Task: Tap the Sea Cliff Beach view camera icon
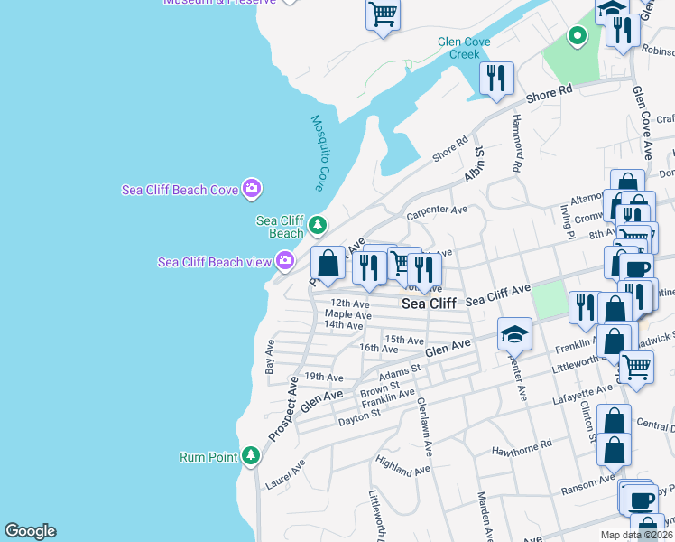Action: tap(285, 261)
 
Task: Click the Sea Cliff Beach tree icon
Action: tap(317, 225)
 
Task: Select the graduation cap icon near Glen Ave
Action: tap(514, 334)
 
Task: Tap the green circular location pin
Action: tap(577, 37)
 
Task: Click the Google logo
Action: tap(30, 531)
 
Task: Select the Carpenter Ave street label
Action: tap(437, 212)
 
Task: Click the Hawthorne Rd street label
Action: tap(521, 447)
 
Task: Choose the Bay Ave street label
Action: tap(269, 358)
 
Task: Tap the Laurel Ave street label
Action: tap(285, 473)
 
